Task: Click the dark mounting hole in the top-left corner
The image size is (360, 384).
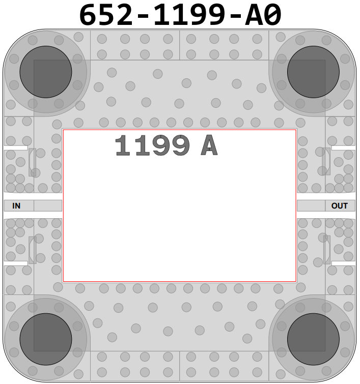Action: pyautogui.click(x=46, y=72)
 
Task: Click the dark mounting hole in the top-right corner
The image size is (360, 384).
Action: pyautogui.click(x=313, y=72)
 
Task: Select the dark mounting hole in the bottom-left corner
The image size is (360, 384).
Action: pyautogui.click(x=46, y=339)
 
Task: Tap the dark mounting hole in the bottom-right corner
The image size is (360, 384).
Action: pyautogui.click(x=313, y=339)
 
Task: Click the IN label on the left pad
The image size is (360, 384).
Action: pyautogui.click(x=16, y=205)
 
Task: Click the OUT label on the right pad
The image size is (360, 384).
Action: pyautogui.click(x=340, y=205)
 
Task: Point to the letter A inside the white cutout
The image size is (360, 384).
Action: pyautogui.click(x=209, y=145)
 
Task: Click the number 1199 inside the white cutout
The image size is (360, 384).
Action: pyautogui.click(x=152, y=145)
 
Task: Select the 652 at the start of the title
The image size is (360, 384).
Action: pyautogui.click(x=106, y=15)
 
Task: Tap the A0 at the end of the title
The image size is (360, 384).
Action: pyautogui.click(x=263, y=15)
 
